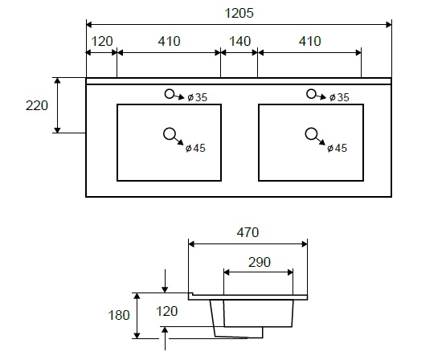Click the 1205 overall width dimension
pos(239,14)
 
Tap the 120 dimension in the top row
pos(102,42)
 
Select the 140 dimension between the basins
pos(239,42)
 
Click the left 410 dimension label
pos(170,42)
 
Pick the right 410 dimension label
pos(309,42)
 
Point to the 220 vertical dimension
pos(37,106)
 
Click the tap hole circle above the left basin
pos(170,94)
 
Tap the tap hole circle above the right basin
pos(311,94)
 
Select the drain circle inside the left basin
pos(170,134)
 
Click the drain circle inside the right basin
pos(311,134)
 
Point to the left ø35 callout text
pos(198,97)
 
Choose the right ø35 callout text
pos(339,97)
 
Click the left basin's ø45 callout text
pos(195,148)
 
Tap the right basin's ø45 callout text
pos(337,148)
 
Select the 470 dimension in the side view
pos(248,232)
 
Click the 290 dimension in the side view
pos(260,262)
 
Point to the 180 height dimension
pos(119,315)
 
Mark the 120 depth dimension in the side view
pos(167,311)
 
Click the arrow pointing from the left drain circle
pos(179,141)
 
